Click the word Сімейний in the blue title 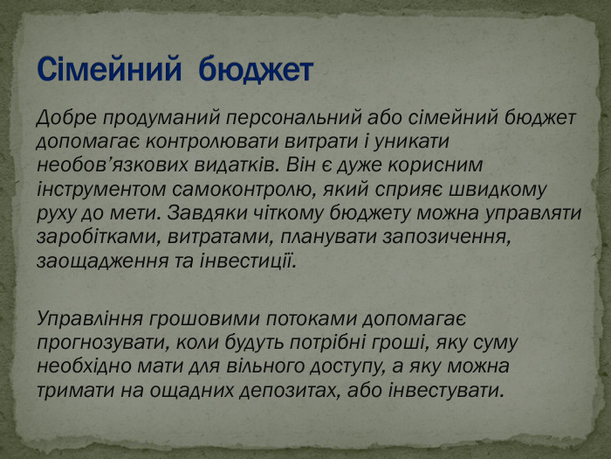pyautogui.click(x=109, y=69)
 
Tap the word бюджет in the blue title pyautogui.click(x=256, y=70)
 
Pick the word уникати pyautogui.click(x=411, y=142)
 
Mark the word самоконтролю pyautogui.click(x=242, y=190)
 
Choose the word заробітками pyautogui.click(x=99, y=238)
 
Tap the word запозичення pyautogui.click(x=447, y=238)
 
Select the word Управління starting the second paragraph pyautogui.click(x=90, y=319)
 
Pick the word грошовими pyautogui.click(x=204, y=319)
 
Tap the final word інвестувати pyautogui.click(x=446, y=390)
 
